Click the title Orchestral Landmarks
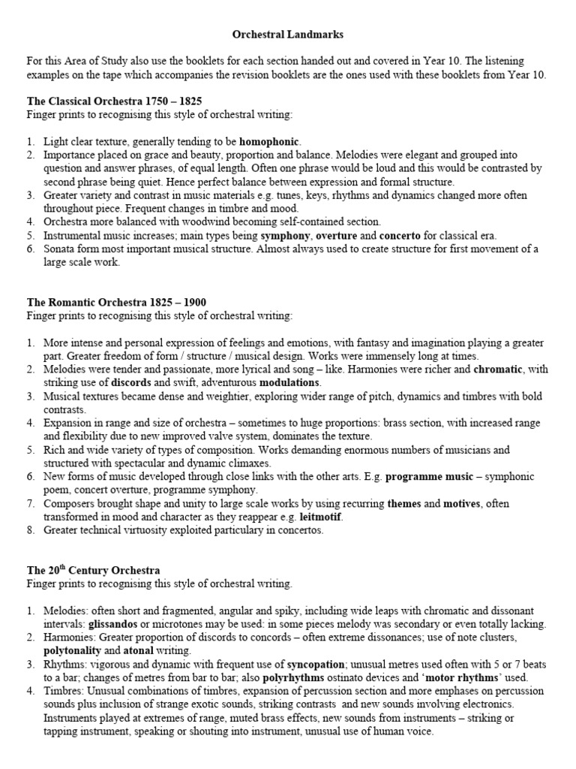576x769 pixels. [x=288, y=35]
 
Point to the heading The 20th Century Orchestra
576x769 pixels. [x=94, y=571]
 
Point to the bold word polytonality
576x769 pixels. [x=72, y=650]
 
